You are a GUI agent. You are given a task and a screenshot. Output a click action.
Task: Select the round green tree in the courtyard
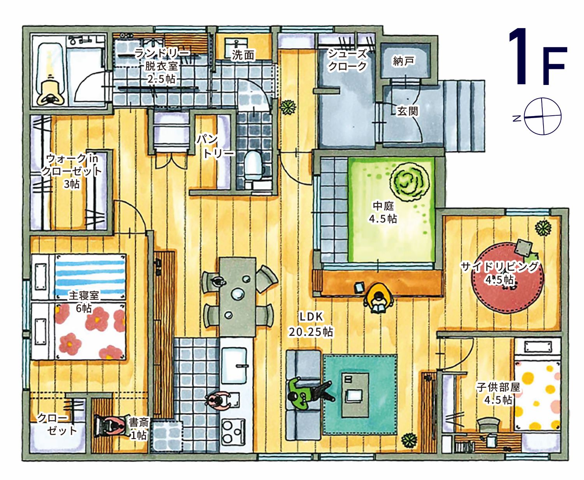tap(410, 182)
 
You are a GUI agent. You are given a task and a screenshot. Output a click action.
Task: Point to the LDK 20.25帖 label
tap(311, 324)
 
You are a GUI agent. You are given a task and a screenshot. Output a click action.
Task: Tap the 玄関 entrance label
tap(407, 111)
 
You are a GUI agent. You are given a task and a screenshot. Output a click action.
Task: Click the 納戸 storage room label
tap(403, 61)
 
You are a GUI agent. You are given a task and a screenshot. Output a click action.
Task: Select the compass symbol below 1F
tap(542, 116)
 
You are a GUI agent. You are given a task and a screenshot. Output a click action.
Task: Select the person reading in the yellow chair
tap(379, 299)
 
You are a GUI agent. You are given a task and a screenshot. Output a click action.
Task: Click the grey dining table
tap(237, 296)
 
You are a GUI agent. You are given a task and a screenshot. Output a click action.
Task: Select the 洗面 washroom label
tap(243, 55)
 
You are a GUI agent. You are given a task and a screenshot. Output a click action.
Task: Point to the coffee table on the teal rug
tap(355, 394)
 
